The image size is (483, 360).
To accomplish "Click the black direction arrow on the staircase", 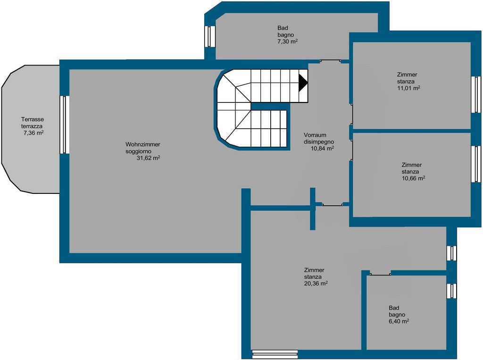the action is tap(303, 82).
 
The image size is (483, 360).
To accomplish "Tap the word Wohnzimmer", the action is tap(142, 144).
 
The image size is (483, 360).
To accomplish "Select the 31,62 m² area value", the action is tap(148, 158).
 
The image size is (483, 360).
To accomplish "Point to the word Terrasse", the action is tap(33, 119).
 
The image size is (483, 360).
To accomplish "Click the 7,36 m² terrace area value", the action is tap(33, 133).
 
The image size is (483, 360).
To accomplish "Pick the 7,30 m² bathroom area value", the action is tap(287, 42).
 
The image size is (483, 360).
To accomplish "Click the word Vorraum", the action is tap(315, 135).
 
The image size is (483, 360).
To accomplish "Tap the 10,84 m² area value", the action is tap(323, 148).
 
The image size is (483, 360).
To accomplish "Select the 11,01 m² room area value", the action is tap(409, 88).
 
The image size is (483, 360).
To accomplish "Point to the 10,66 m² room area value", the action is tap(413, 178).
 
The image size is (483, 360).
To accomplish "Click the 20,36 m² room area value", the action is tap(316, 284).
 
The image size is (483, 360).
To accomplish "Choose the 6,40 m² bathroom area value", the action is tap(399, 321).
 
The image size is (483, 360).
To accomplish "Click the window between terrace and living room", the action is tap(63, 125).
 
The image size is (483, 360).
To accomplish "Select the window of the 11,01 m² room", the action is tap(476, 94).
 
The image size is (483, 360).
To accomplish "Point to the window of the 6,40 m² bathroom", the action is tap(451, 291).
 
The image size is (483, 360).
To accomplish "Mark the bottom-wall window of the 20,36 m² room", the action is tap(275, 354).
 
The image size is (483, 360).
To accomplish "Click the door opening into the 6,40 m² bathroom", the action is tap(380, 273).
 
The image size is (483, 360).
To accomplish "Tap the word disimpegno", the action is tap(319, 142).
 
